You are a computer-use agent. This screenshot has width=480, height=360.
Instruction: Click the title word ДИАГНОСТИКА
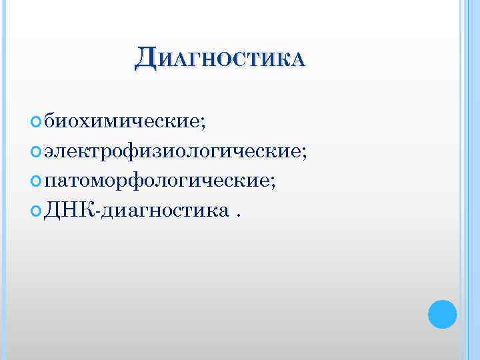pos(220,59)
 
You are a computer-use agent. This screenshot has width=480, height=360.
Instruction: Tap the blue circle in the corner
pos(442,313)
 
